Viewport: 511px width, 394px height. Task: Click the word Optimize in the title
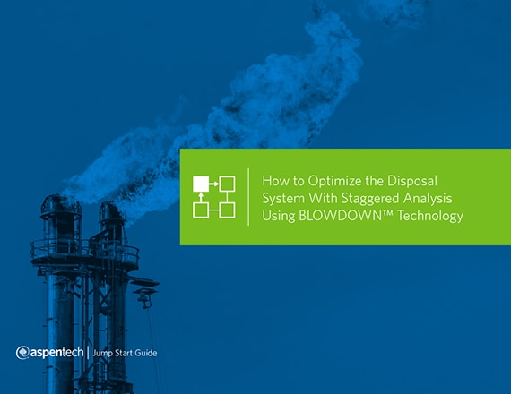[334, 182]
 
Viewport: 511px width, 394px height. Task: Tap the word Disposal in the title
[411, 181]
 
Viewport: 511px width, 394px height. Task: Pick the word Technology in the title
[430, 217]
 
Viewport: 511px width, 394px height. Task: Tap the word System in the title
[283, 199]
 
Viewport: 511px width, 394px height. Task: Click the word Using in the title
[278, 217]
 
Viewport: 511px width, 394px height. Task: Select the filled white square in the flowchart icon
[201, 184]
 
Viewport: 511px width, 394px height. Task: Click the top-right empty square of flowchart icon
[227, 184]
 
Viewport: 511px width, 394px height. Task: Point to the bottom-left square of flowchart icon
[201, 210]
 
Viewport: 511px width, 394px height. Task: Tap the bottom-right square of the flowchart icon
[227, 210]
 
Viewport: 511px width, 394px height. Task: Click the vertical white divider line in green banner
[248, 197]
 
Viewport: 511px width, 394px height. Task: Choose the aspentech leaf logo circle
[22, 353]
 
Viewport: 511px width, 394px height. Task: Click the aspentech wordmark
[57, 353]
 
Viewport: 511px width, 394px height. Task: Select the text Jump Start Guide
[125, 353]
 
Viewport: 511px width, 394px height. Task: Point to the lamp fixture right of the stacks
[145, 296]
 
